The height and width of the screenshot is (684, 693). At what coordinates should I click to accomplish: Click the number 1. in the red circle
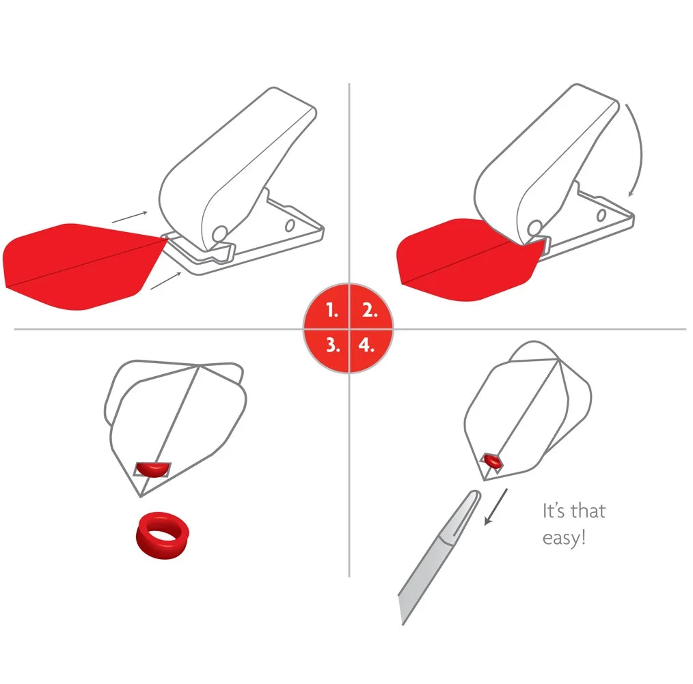coord(332,311)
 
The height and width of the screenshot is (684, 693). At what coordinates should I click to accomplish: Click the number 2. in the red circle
coord(370,311)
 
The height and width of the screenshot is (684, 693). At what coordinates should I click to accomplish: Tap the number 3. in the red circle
coord(332,345)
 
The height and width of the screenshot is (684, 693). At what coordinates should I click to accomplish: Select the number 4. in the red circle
coord(367,345)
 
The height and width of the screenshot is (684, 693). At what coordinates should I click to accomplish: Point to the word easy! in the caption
coord(564,537)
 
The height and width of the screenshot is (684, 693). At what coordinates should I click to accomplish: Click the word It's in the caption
coord(554,511)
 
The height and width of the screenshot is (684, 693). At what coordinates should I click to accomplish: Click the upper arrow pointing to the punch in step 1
coord(128,217)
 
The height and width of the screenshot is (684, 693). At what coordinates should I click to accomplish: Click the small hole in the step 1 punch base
coord(290,225)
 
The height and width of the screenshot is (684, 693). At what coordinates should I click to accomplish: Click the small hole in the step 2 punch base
coord(601,216)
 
